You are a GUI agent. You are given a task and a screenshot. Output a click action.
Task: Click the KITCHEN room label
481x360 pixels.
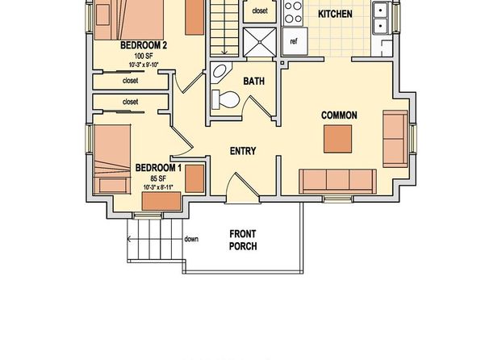[335, 14]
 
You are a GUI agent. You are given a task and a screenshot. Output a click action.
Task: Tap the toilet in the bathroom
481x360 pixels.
[225, 99]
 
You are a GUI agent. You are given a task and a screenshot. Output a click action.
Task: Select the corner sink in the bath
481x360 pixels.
[220, 72]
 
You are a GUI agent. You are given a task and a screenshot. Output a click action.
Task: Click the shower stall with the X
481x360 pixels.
[260, 42]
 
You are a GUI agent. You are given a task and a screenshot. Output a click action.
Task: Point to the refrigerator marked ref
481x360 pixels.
[295, 41]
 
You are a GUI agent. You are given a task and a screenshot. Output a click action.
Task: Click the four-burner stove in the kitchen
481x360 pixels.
[293, 12]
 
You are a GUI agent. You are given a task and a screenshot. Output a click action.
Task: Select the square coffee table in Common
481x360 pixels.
[337, 139]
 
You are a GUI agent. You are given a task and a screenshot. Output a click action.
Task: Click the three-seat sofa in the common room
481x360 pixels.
[337, 181]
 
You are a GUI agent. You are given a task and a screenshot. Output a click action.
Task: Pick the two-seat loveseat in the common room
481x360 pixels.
[395, 139]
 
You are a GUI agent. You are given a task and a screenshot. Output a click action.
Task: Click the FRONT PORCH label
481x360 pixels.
[243, 240]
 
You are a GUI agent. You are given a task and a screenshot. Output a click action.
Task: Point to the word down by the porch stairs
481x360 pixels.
[191, 239]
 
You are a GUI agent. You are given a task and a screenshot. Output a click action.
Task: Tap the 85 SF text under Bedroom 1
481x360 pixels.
[158, 178]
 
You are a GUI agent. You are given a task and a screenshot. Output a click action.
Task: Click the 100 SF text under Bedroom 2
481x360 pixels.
[144, 57]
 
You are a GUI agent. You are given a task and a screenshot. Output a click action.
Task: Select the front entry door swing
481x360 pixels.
[242, 187]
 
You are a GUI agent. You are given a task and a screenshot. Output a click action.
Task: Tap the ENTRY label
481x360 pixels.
[243, 151]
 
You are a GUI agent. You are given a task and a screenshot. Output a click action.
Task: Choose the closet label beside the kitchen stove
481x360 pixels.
[260, 10]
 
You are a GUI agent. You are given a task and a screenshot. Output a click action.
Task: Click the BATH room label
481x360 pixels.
[254, 81]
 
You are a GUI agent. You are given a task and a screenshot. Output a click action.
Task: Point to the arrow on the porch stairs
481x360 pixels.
[155, 239]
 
